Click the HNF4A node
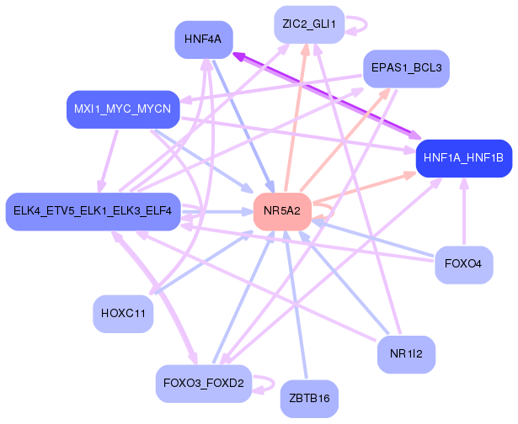tap(204, 40)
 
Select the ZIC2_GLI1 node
tap(309, 24)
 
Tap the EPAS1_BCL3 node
tap(406, 69)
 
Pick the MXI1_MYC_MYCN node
tap(123, 109)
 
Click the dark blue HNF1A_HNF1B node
tap(464, 158)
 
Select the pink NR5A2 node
tap(282, 211)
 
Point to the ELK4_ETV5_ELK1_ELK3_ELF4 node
tap(93, 211)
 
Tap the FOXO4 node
tap(464, 265)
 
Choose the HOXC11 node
tap(123, 314)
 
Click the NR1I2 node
tap(406, 355)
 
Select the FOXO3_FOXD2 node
tap(204, 384)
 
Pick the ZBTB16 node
tap(309, 399)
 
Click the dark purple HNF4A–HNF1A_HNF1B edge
tap(327, 96)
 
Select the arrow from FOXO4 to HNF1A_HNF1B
tap(464, 211)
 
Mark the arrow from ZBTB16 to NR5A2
tap(296, 305)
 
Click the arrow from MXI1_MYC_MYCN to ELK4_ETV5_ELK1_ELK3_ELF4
tap(109, 161)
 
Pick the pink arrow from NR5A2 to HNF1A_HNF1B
tap(364, 187)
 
